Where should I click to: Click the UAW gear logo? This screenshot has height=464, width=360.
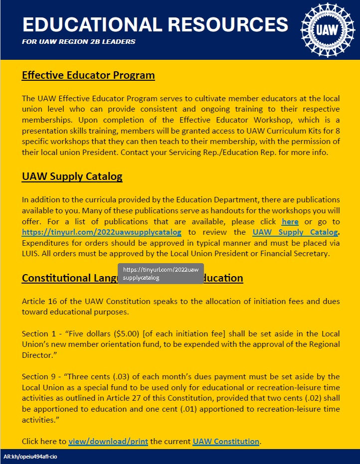(327, 29)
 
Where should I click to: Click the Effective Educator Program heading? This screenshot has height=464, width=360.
(88, 76)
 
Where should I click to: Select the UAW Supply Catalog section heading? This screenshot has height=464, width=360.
(72, 177)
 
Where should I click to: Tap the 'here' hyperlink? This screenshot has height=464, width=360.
(290, 221)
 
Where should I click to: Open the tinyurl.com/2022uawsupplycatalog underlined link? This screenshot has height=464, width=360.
(102, 232)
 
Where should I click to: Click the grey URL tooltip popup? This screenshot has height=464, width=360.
(161, 274)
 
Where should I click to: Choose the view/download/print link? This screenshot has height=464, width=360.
(108, 442)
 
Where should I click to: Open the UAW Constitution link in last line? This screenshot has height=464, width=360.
(226, 442)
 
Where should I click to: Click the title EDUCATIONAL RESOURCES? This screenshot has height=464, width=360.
(155, 24)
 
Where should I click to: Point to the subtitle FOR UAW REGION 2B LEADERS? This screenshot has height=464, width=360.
(79, 42)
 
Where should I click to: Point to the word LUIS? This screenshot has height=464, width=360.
(31, 254)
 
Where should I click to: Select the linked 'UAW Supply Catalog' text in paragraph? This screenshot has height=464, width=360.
(295, 232)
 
